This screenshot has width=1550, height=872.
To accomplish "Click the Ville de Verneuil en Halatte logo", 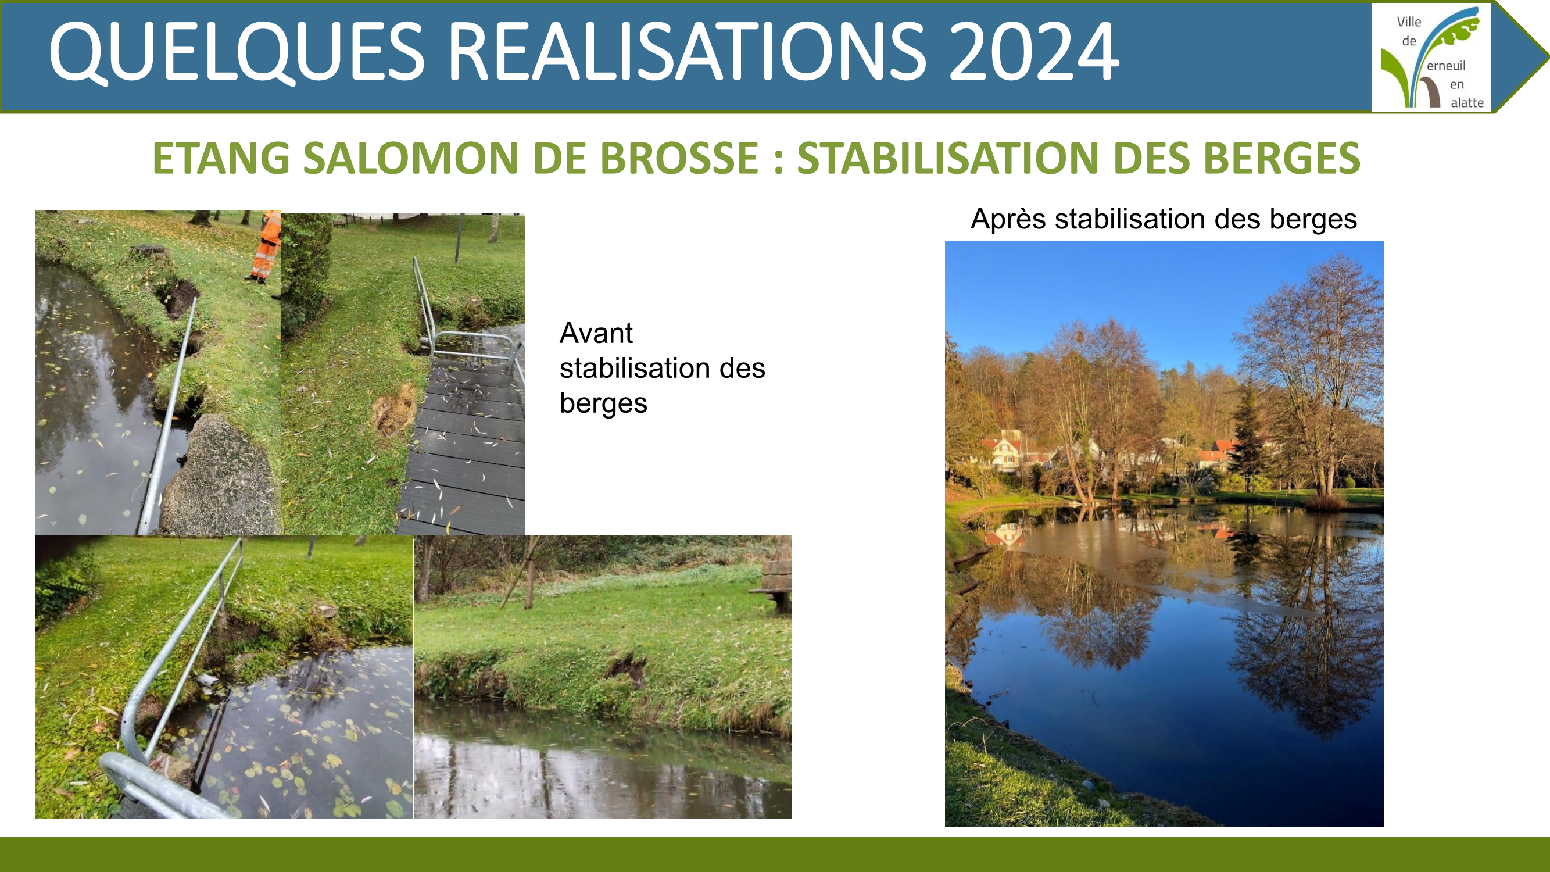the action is [1431, 57].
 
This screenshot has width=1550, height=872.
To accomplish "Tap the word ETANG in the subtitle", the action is [221, 158].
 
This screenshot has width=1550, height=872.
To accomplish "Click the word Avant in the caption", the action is [596, 333].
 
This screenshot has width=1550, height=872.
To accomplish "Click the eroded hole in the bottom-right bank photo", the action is [626, 668].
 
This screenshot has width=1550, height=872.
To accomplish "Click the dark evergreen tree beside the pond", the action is [1250, 439].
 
